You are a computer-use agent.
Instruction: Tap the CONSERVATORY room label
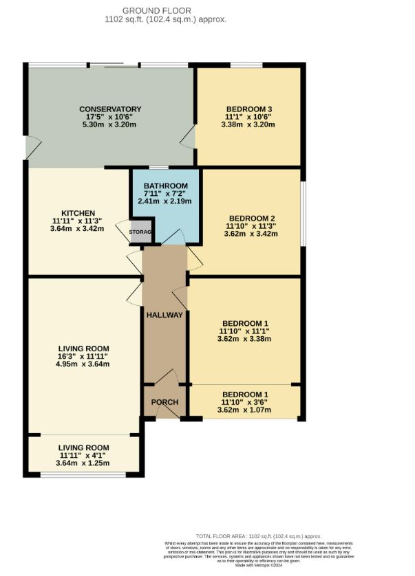(110, 109)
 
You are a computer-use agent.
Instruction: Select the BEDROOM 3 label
(249, 109)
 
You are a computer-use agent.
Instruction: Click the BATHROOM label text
(165, 186)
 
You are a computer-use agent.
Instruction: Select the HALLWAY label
(164, 315)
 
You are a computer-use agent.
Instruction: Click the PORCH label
(164, 402)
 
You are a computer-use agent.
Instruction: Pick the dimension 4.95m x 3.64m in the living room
(84, 364)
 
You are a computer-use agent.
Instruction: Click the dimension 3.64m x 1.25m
(83, 464)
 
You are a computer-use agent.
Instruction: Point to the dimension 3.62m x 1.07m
(245, 410)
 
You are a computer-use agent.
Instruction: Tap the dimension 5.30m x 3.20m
(110, 125)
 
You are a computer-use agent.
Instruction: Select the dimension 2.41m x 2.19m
(165, 201)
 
